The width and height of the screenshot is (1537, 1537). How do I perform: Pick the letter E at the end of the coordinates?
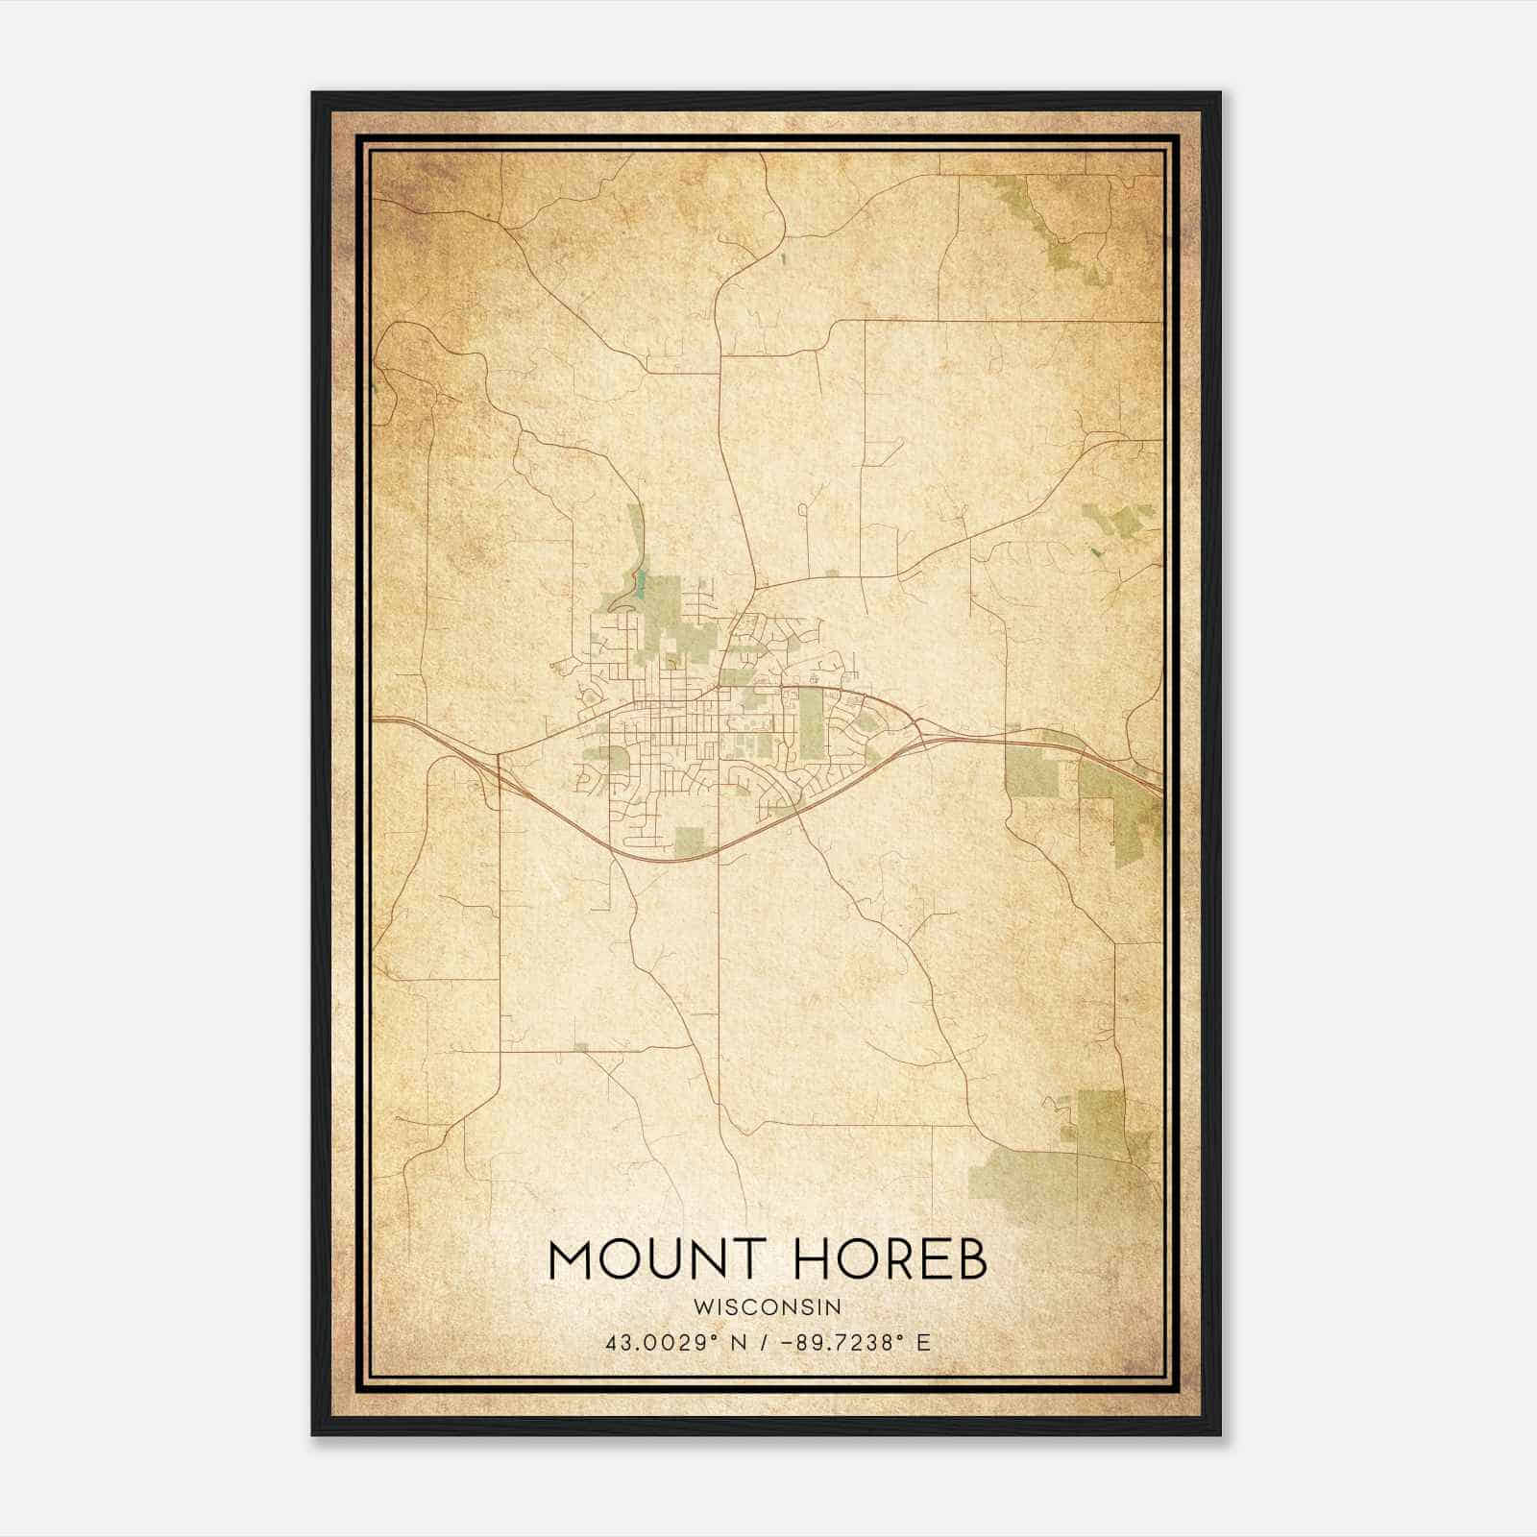[924, 1343]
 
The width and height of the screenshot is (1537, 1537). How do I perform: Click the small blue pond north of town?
[635, 583]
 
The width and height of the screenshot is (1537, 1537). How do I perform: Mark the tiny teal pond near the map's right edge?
[1093, 551]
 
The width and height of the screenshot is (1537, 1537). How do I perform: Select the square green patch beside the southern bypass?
[689, 841]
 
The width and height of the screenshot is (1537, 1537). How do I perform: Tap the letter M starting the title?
[570, 1259]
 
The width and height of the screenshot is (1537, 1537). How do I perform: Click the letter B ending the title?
[972, 1259]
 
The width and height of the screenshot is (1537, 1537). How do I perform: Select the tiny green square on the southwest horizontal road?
[580, 1046]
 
